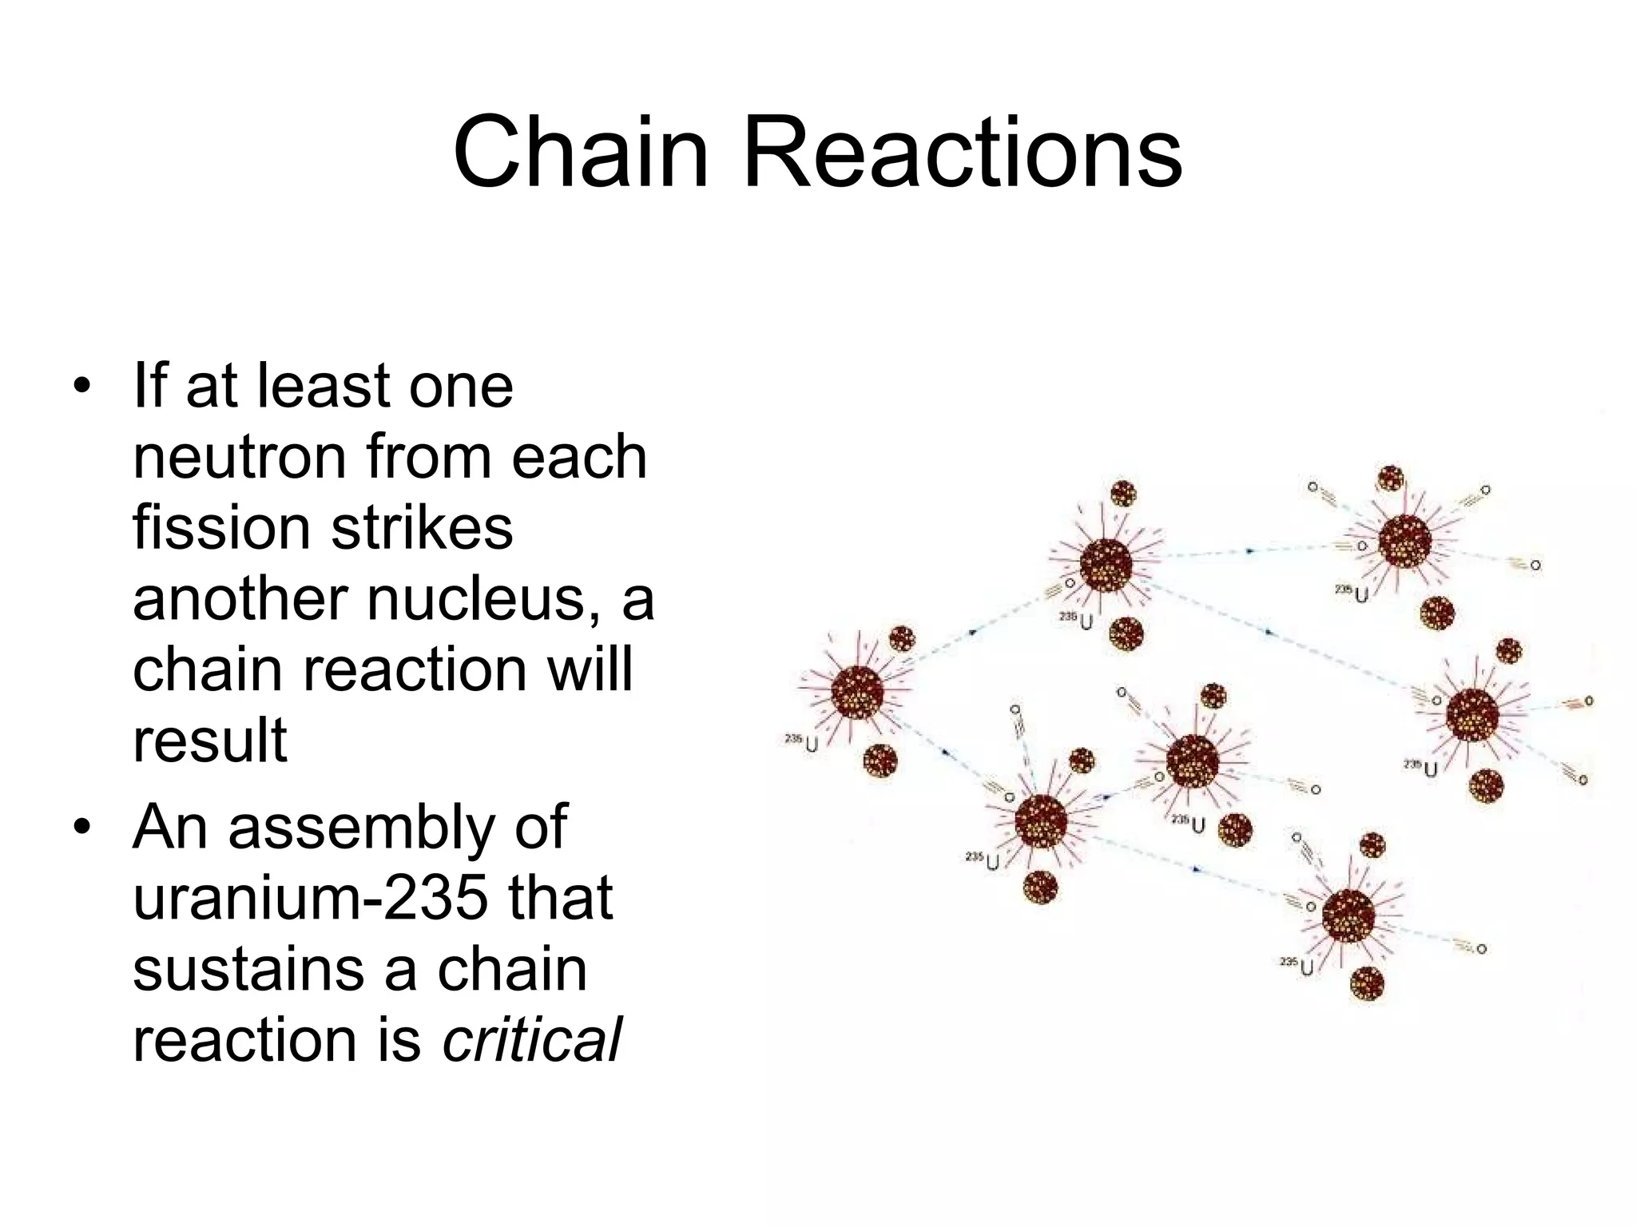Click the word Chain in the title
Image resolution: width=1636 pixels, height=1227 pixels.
[x=581, y=152]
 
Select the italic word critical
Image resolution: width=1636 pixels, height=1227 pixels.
[x=531, y=1040]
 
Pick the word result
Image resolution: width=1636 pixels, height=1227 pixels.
[x=209, y=740]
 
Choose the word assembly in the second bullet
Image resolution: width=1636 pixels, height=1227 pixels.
[x=361, y=828]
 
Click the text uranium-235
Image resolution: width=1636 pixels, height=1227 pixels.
[x=310, y=898]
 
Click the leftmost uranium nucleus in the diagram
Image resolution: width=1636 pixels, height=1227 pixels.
[x=857, y=692]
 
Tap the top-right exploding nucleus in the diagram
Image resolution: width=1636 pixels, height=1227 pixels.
[x=1404, y=542]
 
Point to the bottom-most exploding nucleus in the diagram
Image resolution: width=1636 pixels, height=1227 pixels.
[x=1348, y=916]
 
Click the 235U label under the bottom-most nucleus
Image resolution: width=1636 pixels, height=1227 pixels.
[x=1297, y=967]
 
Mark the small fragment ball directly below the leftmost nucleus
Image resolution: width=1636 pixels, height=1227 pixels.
[x=880, y=760]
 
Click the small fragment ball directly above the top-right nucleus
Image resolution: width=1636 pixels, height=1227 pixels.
[x=1391, y=478]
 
